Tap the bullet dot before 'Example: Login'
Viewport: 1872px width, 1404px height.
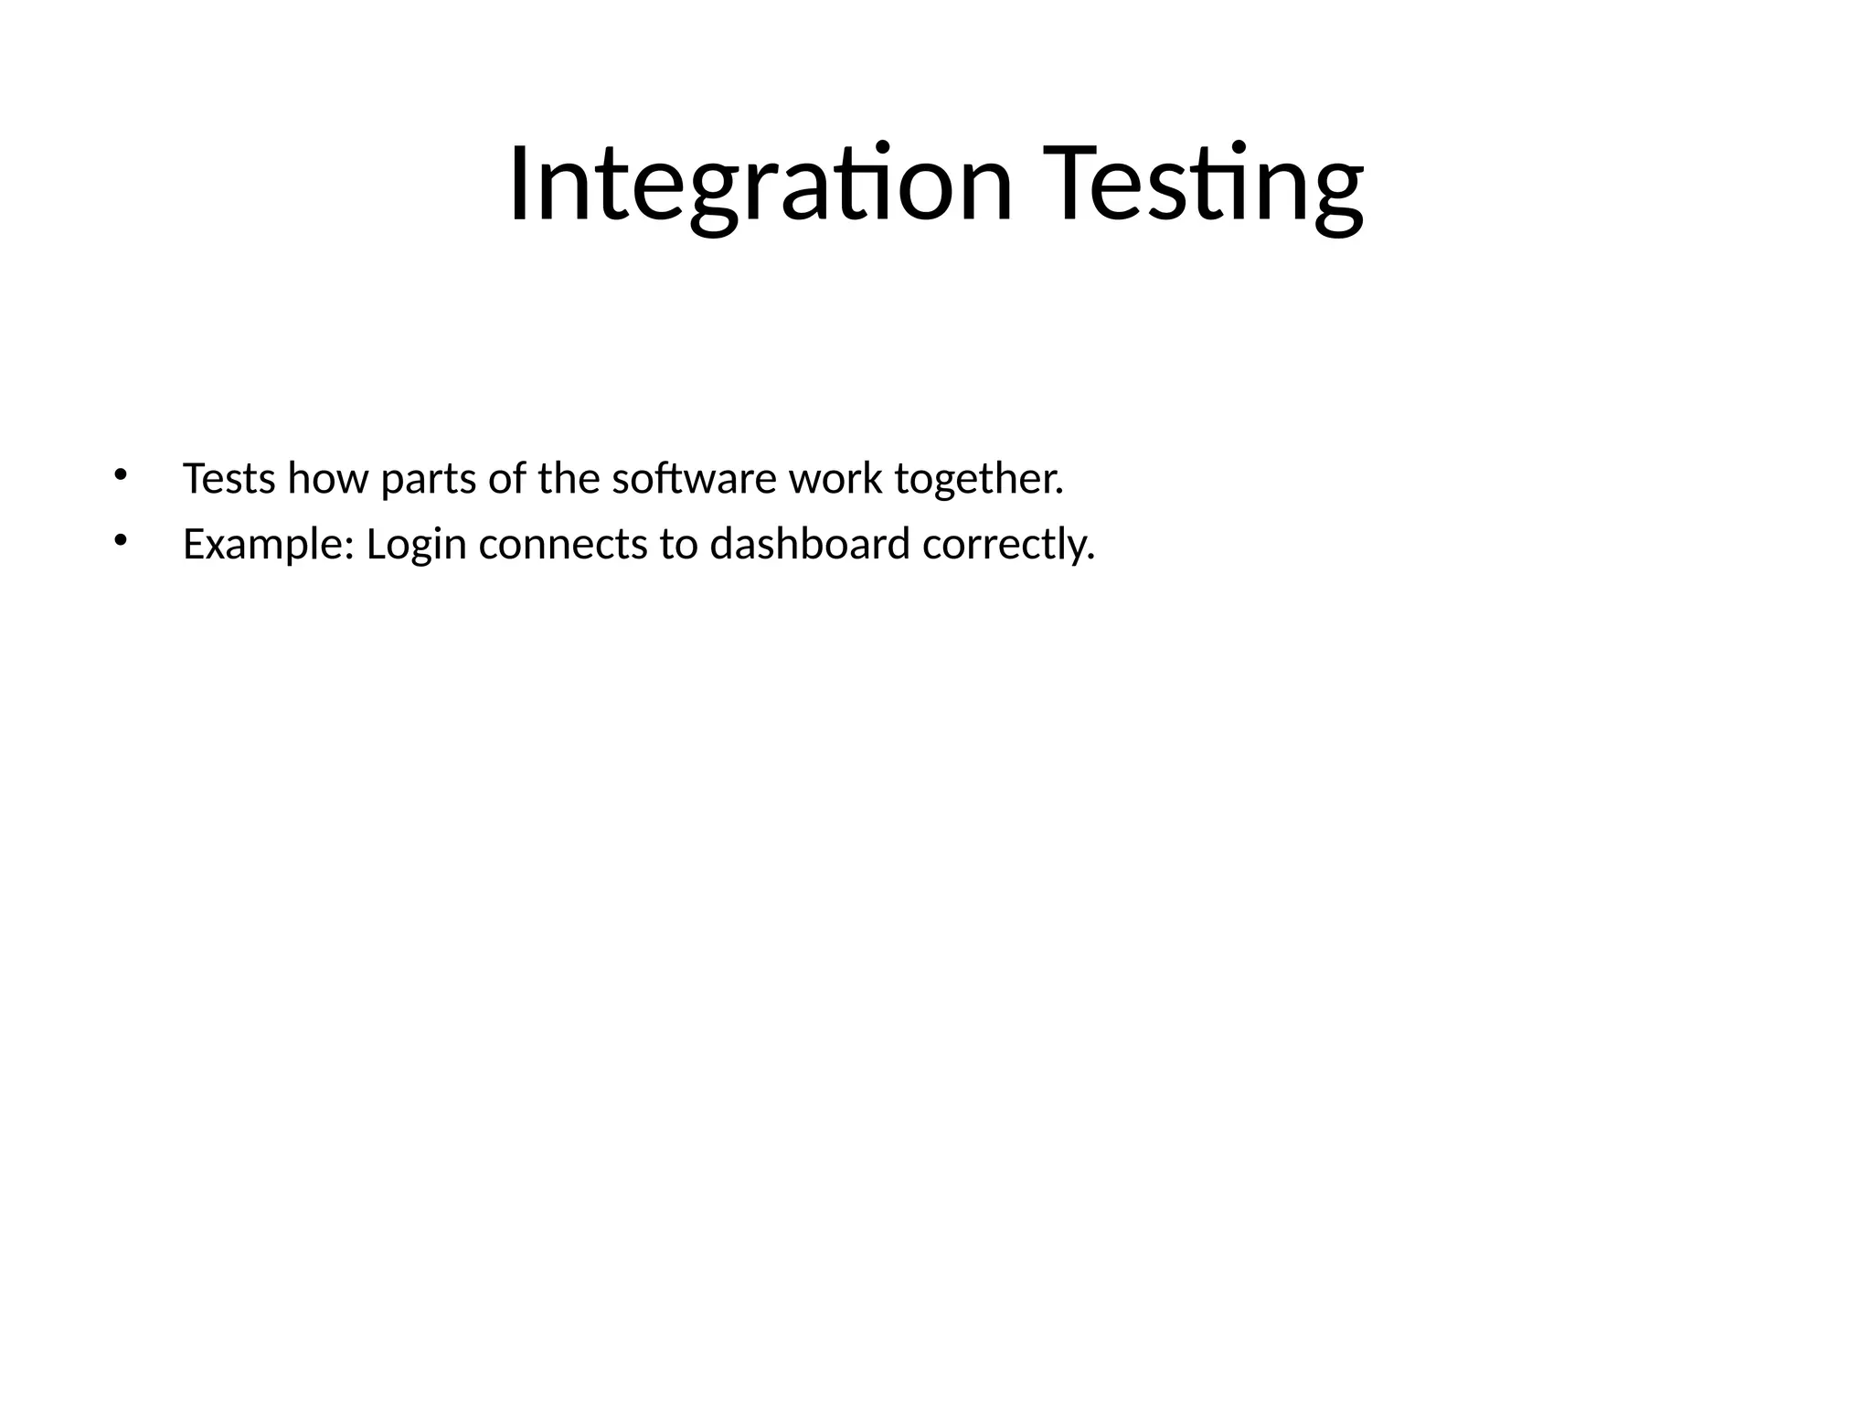120,540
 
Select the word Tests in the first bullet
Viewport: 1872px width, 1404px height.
229,478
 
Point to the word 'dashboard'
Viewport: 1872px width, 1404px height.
810,544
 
